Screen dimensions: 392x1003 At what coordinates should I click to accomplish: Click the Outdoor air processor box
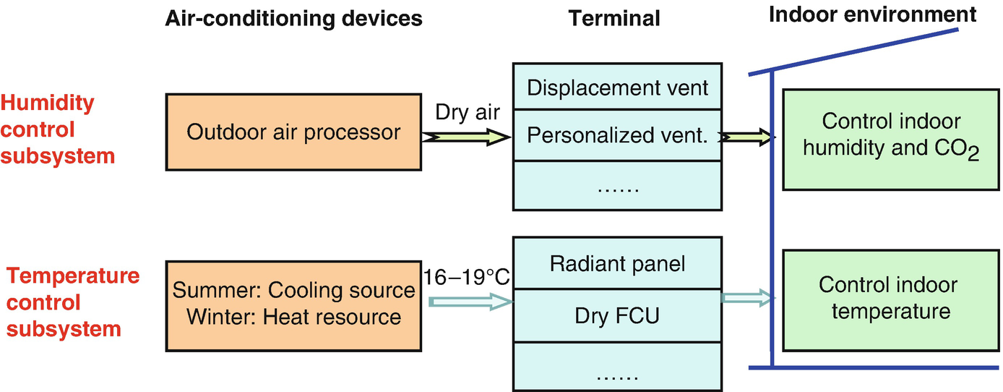(x=293, y=132)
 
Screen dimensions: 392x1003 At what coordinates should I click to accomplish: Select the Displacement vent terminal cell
(x=617, y=88)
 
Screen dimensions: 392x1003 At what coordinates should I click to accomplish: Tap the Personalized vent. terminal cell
(x=617, y=135)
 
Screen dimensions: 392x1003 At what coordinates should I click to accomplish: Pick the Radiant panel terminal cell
(x=617, y=264)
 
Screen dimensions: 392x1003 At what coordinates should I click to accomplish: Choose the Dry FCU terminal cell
(x=617, y=315)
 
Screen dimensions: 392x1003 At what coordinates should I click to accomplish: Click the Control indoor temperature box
(x=887, y=298)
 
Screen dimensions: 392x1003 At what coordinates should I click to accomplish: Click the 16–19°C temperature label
(x=468, y=278)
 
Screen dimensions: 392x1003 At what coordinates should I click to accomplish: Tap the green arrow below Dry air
(x=466, y=137)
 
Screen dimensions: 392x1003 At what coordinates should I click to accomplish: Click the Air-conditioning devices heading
(x=293, y=19)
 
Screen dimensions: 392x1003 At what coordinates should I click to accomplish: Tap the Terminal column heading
(x=614, y=19)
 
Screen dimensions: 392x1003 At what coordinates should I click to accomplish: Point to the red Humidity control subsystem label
(x=58, y=129)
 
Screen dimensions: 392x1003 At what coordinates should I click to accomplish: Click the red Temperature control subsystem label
(x=72, y=302)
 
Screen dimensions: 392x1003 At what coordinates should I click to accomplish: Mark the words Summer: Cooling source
(x=293, y=290)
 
